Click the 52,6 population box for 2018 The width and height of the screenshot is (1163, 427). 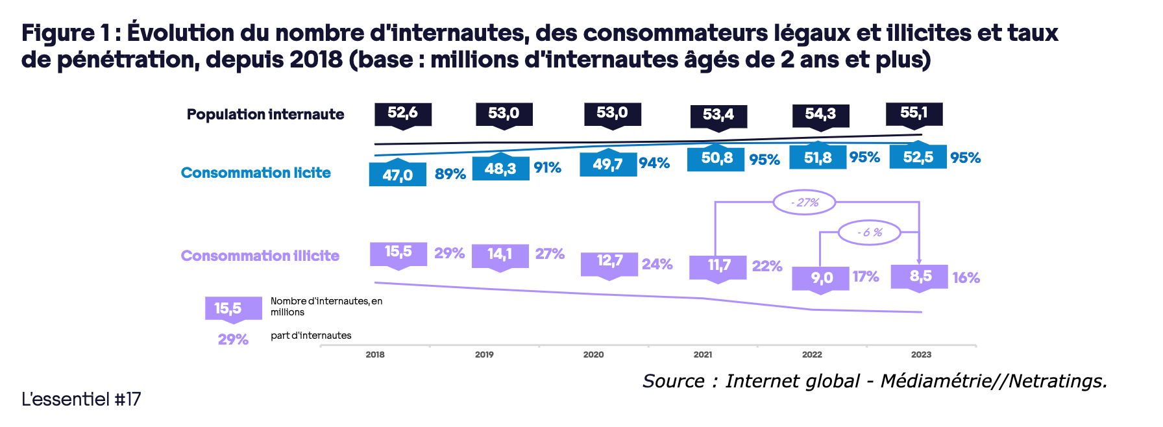click(403, 114)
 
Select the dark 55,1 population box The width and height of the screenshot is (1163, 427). click(914, 114)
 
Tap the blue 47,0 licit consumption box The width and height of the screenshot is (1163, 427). click(397, 175)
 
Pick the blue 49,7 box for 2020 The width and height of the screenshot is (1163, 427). click(608, 164)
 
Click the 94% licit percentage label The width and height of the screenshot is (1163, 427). click(654, 163)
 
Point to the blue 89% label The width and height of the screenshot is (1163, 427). click(450, 174)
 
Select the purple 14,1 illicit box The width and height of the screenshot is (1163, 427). click(500, 254)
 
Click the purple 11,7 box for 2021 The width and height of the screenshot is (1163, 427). click(718, 265)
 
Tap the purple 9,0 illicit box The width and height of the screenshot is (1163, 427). click(820, 278)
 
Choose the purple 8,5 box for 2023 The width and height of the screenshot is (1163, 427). click(920, 276)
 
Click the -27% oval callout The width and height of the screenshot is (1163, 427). click(804, 202)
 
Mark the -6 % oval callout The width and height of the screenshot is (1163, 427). click(870, 232)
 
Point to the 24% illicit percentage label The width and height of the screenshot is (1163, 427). click(657, 264)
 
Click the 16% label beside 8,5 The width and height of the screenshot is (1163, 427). click(966, 278)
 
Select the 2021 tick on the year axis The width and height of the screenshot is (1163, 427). click(703, 354)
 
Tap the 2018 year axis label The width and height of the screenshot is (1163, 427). click(375, 354)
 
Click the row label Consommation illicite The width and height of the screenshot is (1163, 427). click(260, 256)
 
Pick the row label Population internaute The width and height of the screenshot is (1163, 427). click(265, 114)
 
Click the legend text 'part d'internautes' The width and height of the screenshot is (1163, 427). click(311, 335)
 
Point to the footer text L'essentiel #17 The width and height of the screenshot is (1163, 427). click(81, 399)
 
